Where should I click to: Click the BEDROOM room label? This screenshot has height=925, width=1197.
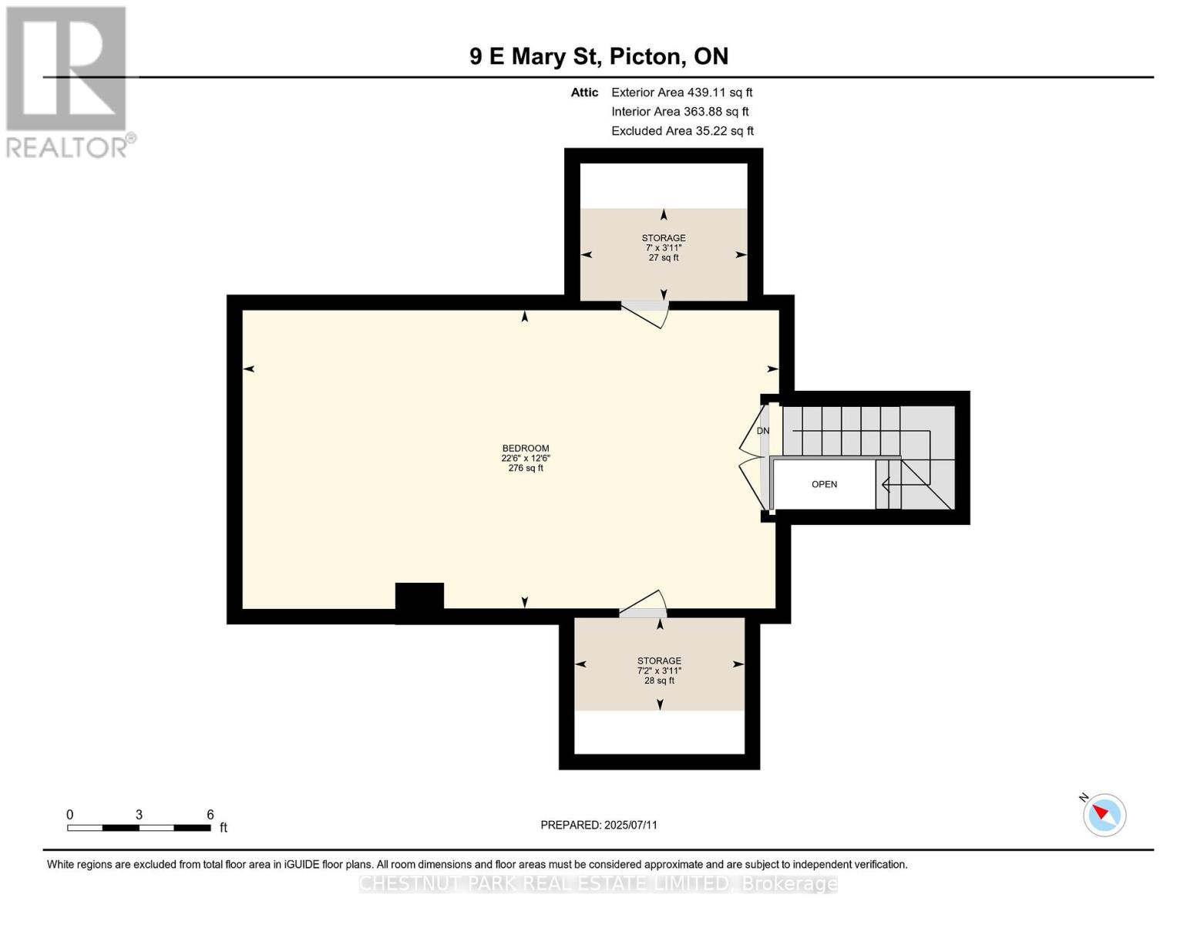click(526, 449)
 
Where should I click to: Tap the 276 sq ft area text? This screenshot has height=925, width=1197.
click(526, 469)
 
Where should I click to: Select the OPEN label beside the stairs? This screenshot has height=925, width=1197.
click(824, 484)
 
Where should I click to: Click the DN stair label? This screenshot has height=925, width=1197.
click(763, 431)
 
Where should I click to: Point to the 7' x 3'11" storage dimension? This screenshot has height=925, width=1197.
click(663, 248)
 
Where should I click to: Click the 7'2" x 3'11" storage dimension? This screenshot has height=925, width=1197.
click(659, 671)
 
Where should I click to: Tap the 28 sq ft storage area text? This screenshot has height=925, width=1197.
click(659, 681)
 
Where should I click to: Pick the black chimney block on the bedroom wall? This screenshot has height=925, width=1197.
click(420, 603)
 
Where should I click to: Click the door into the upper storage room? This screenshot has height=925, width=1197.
click(645, 313)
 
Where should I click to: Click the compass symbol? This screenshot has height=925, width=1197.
click(1105, 815)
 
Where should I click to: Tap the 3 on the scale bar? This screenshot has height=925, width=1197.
click(139, 814)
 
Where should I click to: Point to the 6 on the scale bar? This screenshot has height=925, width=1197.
click(210, 814)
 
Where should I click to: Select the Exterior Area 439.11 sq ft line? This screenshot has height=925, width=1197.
click(681, 92)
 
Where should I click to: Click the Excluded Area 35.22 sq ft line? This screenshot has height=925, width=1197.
click(682, 130)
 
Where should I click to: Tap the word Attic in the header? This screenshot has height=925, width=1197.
click(584, 92)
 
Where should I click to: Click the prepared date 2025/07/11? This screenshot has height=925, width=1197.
click(630, 825)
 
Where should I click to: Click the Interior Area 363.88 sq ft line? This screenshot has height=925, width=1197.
click(680, 111)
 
